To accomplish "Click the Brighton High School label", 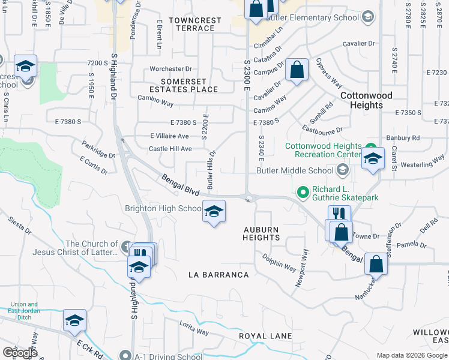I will (163, 209).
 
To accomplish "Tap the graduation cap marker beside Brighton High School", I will (213, 212).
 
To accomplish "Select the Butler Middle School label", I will (295, 170).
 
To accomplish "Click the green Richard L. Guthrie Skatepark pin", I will (303, 193).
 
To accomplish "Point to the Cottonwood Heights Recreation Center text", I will (323, 151).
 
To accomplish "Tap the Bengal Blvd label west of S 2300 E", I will (180, 184).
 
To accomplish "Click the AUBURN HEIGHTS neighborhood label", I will (262, 233).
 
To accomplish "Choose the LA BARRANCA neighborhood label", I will (218, 275).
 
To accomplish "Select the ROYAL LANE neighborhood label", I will (265, 336).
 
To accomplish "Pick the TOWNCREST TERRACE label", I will (195, 24).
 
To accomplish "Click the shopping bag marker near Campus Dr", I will (297, 70).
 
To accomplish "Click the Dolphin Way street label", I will (279, 261).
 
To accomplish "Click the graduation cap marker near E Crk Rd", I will (74, 322).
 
